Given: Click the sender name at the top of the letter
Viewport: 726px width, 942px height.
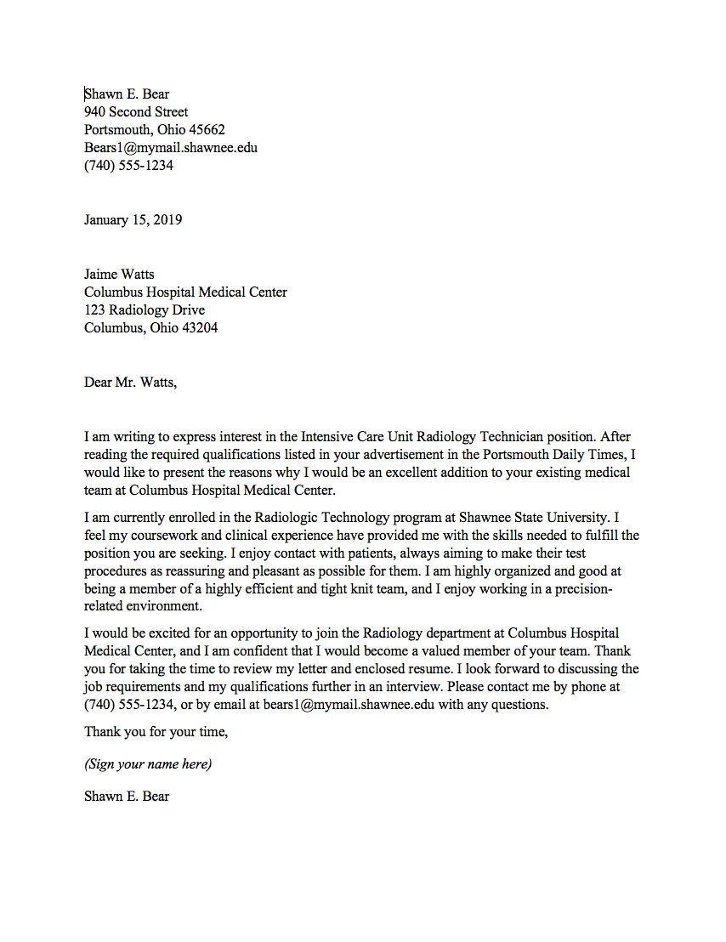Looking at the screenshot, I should coord(127,94).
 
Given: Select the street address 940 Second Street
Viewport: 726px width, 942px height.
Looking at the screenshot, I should coord(136,111).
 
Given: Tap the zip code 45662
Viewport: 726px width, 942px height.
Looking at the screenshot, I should coord(207,129).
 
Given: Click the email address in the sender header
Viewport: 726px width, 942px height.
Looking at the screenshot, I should coord(170,147).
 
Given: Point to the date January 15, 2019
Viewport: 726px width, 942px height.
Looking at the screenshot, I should coord(133,219).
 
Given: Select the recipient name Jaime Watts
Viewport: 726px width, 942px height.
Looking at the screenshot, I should coord(120,274).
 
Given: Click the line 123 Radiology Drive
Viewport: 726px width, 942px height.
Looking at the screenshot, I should coord(145,309).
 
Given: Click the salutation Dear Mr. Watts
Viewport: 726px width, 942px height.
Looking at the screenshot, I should coord(130,382).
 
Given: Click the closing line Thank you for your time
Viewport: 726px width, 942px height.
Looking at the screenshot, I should coord(156,731).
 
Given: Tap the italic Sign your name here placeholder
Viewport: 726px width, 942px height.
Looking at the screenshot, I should coord(148,763).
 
